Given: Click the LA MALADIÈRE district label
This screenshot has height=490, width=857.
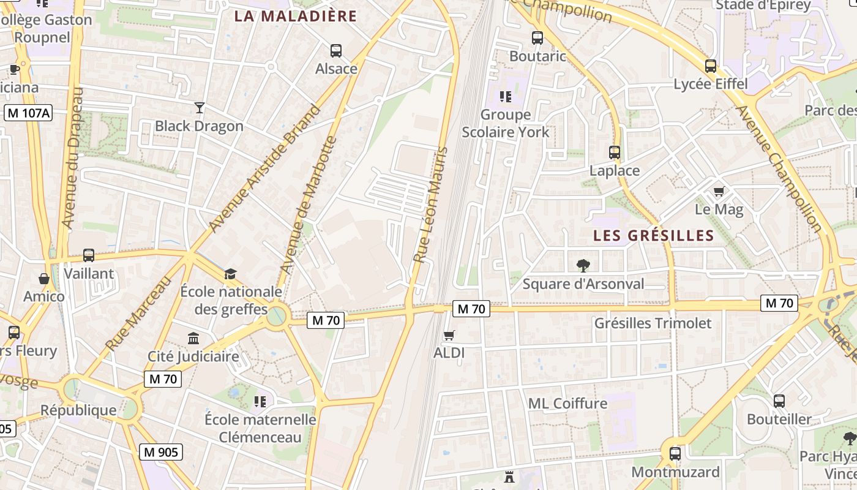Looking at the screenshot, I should click(295, 16).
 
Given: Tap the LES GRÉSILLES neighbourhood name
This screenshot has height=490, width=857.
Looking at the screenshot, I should click(654, 235).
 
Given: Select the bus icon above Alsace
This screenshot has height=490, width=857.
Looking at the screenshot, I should click(335, 50).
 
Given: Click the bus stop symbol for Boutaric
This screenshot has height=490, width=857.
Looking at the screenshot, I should click(537, 38).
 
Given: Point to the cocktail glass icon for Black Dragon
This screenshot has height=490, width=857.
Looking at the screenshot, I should click(199, 108).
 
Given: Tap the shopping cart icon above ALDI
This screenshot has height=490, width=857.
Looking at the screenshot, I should click(449, 335).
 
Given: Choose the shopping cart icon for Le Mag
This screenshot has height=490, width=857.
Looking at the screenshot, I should click(719, 192).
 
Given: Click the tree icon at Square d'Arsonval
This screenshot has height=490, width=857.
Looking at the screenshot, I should click(583, 266).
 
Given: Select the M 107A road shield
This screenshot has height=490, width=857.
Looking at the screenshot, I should click(29, 113).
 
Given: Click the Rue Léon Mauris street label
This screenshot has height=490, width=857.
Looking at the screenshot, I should click(430, 205).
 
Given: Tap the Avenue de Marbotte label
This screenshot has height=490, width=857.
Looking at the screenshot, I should click(309, 205).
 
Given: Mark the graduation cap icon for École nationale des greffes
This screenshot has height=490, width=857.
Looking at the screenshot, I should click(230, 274).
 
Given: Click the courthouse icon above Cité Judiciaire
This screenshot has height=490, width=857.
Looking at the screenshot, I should click(193, 338).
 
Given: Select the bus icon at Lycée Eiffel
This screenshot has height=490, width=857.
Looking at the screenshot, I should click(710, 66).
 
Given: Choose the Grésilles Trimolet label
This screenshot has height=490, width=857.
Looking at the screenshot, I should click(653, 323).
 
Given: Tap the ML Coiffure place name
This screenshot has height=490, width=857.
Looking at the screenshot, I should click(567, 403).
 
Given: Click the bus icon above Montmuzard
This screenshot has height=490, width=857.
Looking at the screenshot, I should click(675, 454).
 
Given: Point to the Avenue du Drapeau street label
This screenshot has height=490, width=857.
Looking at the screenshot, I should click(72, 158).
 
